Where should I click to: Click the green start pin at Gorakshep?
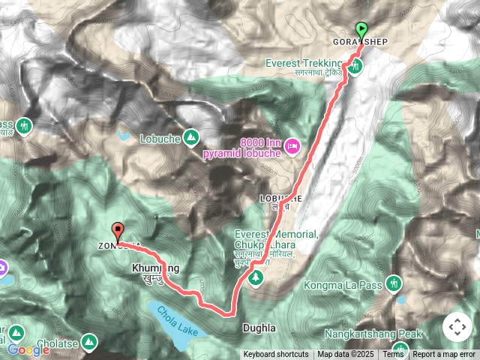[363, 31]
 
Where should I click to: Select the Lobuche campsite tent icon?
[191, 137]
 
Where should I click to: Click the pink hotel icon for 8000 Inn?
[292, 145]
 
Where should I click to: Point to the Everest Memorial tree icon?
[256, 278]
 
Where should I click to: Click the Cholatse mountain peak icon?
[90, 342]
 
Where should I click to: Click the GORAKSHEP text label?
[361, 41]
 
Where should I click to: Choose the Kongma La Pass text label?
[344, 286]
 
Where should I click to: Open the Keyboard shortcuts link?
[275, 355]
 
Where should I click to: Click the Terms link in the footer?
[394, 355]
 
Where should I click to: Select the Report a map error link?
[444, 355]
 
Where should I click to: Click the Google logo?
[28, 349]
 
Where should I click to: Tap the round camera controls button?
[457, 327]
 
